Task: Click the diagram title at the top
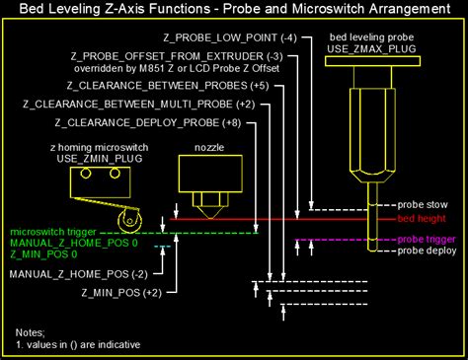coord(233,11)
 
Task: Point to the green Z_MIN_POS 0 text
coord(43,253)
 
